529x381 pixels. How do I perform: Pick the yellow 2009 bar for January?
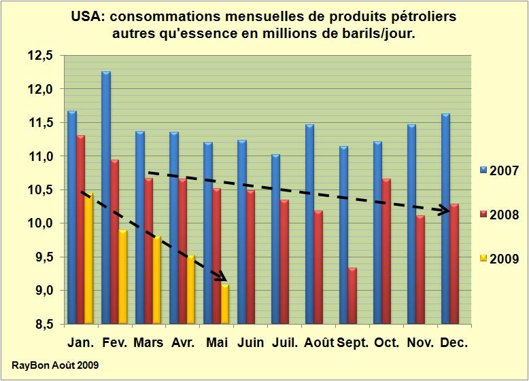[x=89, y=258]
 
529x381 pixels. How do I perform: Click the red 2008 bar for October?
[x=386, y=251]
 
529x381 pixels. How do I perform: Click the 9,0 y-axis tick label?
[x=40, y=291]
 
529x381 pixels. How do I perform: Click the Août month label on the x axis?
[x=319, y=343]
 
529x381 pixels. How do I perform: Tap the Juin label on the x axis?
[x=251, y=343]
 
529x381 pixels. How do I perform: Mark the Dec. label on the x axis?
[x=454, y=343]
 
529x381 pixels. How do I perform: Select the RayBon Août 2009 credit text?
[x=55, y=365]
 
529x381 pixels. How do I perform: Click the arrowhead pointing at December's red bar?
[x=444, y=210]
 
